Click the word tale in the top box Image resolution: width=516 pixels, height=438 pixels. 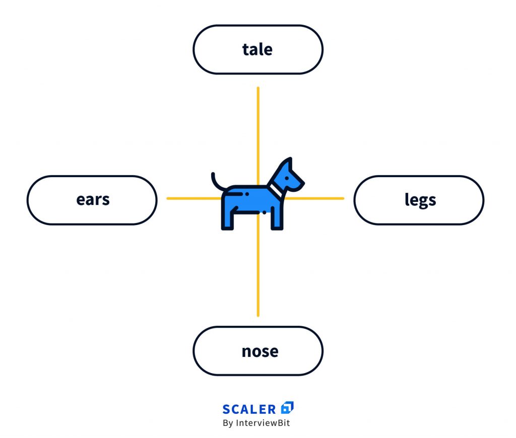click(x=257, y=50)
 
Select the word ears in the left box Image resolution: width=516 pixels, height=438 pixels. click(x=93, y=199)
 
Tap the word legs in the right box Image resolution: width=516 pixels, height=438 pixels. click(x=420, y=200)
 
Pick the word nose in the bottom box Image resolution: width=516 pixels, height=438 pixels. click(x=260, y=351)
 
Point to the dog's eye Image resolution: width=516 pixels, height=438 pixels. click(x=287, y=178)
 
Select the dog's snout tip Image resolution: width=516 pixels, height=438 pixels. click(x=302, y=182)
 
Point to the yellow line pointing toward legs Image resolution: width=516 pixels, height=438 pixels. click(x=314, y=198)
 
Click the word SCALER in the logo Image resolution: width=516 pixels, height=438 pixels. click(x=249, y=409)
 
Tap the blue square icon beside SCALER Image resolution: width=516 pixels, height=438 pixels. click(x=287, y=407)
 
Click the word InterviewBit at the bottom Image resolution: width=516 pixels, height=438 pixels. click(x=263, y=423)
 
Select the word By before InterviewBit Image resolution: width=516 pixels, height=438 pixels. click(x=228, y=423)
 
